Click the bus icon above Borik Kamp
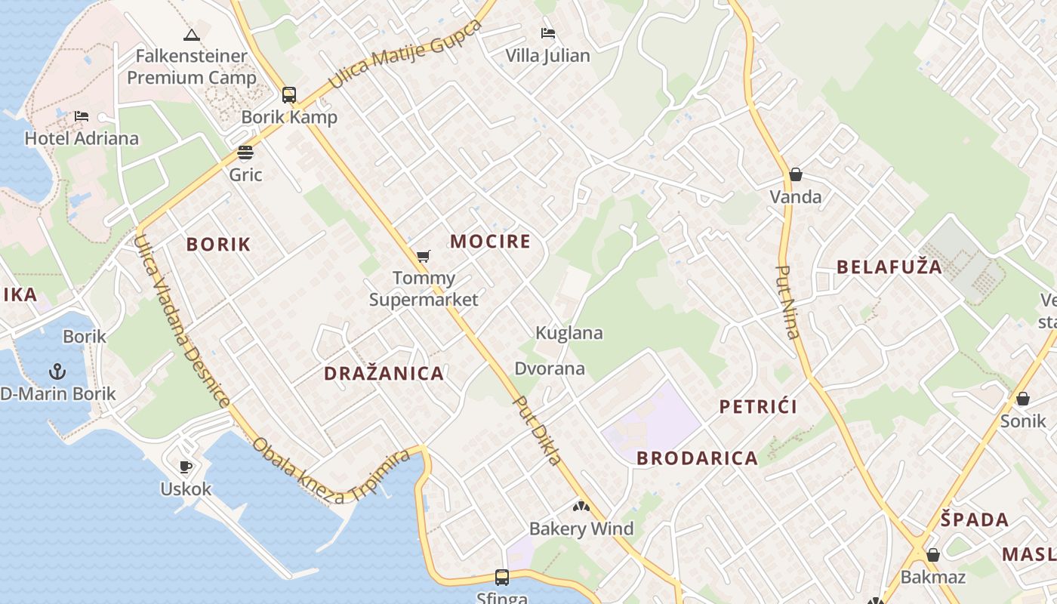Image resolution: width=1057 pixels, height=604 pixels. coord(289,95)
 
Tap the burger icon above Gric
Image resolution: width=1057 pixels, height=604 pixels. coord(245,153)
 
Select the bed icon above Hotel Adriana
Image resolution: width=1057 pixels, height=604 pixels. coord(82,116)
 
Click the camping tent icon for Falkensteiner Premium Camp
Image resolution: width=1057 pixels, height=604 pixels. coord(192,35)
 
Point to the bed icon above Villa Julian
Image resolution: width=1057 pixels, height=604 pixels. coord(548,33)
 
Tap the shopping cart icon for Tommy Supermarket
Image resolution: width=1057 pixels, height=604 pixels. coord(424,257)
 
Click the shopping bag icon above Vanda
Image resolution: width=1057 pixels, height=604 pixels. coord(795,175)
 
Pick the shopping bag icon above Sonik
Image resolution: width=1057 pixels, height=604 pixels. coord(1023,399)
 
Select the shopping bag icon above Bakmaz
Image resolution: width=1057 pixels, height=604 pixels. coord(933,555)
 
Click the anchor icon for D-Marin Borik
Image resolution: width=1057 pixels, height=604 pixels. coord(57,371)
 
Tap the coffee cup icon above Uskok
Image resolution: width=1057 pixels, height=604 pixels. coord(186,467)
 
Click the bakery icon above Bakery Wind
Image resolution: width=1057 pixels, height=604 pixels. coord(581,507)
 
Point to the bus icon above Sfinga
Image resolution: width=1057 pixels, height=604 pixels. coord(502,578)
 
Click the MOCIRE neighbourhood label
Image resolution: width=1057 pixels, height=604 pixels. coord(491,242)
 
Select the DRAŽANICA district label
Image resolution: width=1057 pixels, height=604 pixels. coord(384,373)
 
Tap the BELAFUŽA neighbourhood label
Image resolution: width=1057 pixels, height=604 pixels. coord(889,267)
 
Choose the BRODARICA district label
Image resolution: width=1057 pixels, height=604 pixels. coord(697,458)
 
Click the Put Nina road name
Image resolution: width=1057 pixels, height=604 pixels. coord(788,302)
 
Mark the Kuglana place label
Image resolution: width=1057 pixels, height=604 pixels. coord(569,333)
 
